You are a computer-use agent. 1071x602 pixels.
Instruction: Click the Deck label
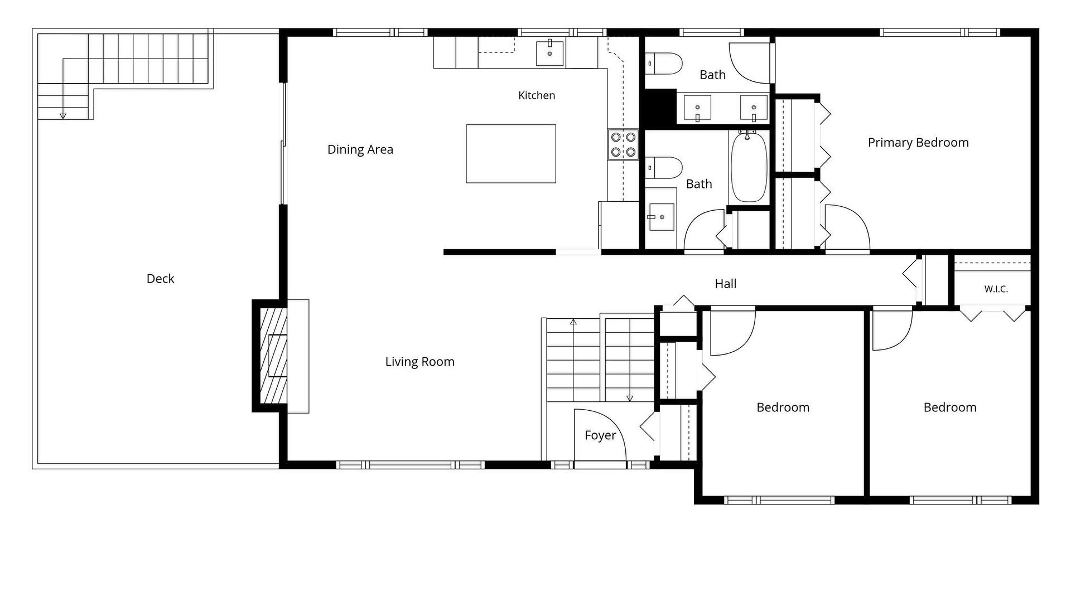click(x=160, y=279)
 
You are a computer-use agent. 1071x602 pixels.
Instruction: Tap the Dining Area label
click(x=360, y=149)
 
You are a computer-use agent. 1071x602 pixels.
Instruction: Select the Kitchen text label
click(x=537, y=95)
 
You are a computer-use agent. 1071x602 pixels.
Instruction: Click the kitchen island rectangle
click(x=511, y=154)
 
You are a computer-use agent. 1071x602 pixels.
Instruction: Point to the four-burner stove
click(x=623, y=144)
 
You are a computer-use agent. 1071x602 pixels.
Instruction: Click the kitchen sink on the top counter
click(x=550, y=52)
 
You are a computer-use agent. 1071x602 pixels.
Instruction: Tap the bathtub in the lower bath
click(x=749, y=167)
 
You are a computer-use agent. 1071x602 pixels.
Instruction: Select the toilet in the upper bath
click(x=664, y=64)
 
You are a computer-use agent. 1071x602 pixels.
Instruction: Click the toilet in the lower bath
click(x=664, y=167)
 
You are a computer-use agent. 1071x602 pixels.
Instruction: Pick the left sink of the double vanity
click(x=697, y=108)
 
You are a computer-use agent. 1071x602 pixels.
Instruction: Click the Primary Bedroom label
click(x=918, y=143)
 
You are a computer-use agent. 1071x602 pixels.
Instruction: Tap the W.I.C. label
click(x=996, y=289)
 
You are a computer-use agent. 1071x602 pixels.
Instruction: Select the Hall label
click(x=726, y=284)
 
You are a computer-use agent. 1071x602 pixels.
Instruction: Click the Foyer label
click(x=600, y=435)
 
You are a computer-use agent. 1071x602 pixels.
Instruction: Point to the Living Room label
click(x=420, y=362)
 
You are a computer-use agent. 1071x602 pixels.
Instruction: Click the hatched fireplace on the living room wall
click(x=273, y=356)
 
